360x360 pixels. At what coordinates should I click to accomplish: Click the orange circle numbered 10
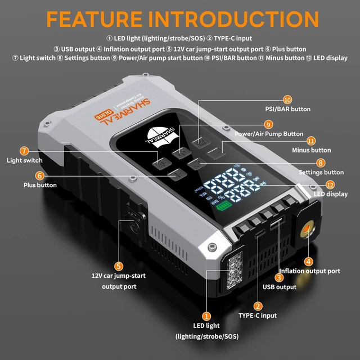click(287, 100)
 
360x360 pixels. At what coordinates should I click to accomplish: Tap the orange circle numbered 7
click(24, 151)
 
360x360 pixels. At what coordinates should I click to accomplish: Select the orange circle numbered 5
click(119, 266)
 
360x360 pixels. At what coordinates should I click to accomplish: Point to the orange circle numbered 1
click(206, 316)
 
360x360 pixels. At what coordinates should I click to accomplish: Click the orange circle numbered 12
click(330, 185)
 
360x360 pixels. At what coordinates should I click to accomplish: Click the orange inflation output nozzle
click(307, 229)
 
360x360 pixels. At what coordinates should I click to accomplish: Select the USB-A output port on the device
click(277, 223)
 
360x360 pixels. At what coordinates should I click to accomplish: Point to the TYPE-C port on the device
click(260, 233)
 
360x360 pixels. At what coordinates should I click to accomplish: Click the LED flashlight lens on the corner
click(235, 271)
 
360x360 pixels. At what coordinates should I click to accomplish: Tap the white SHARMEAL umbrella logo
click(161, 137)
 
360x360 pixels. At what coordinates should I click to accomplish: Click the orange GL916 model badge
click(103, 114)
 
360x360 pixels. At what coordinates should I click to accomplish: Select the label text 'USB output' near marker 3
click(280, 287)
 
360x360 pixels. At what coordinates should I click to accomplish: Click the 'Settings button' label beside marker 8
click(321, 172)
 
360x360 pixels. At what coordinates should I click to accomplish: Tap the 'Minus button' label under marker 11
click(311, 150)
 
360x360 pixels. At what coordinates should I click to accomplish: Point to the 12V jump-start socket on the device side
click(134, 221)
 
